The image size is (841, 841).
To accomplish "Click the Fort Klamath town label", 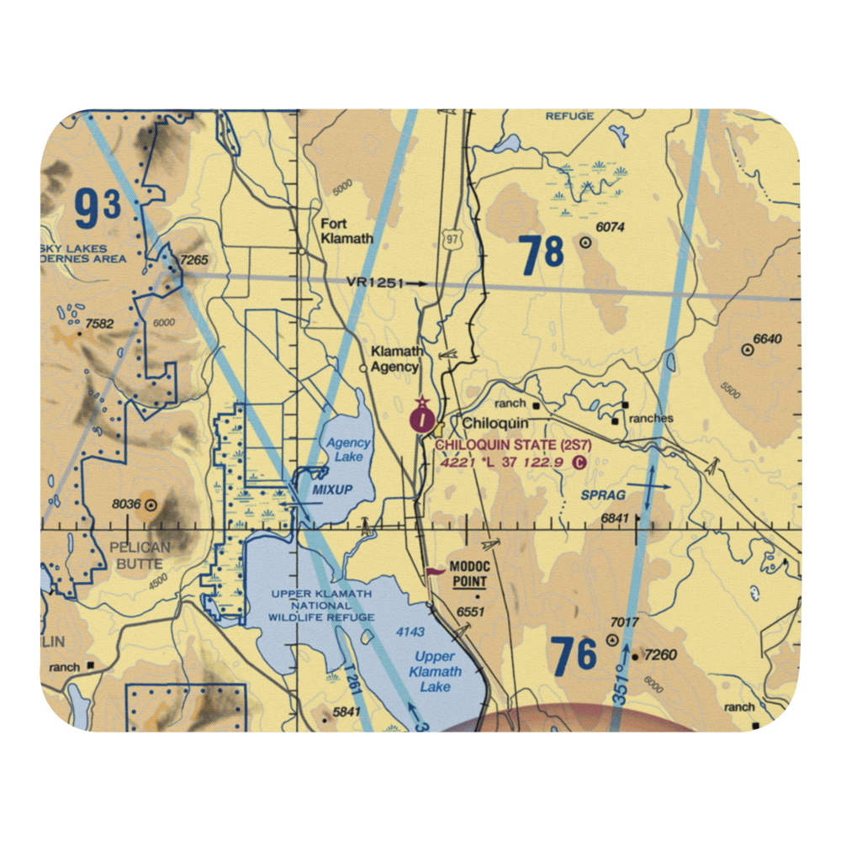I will coord(346,231).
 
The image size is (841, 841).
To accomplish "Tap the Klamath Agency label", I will coord(394,359).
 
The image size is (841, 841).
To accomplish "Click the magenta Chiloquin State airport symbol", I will coord(422,417).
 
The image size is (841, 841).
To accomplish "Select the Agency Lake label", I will coord(347,450).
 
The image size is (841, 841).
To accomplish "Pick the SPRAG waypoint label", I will coord(603,495).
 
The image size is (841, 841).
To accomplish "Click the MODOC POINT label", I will coord(469,574).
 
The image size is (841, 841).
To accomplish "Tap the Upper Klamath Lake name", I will coord(435,671).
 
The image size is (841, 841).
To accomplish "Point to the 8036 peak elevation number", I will coord(126,505).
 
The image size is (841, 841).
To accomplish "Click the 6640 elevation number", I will coord(767,339).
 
